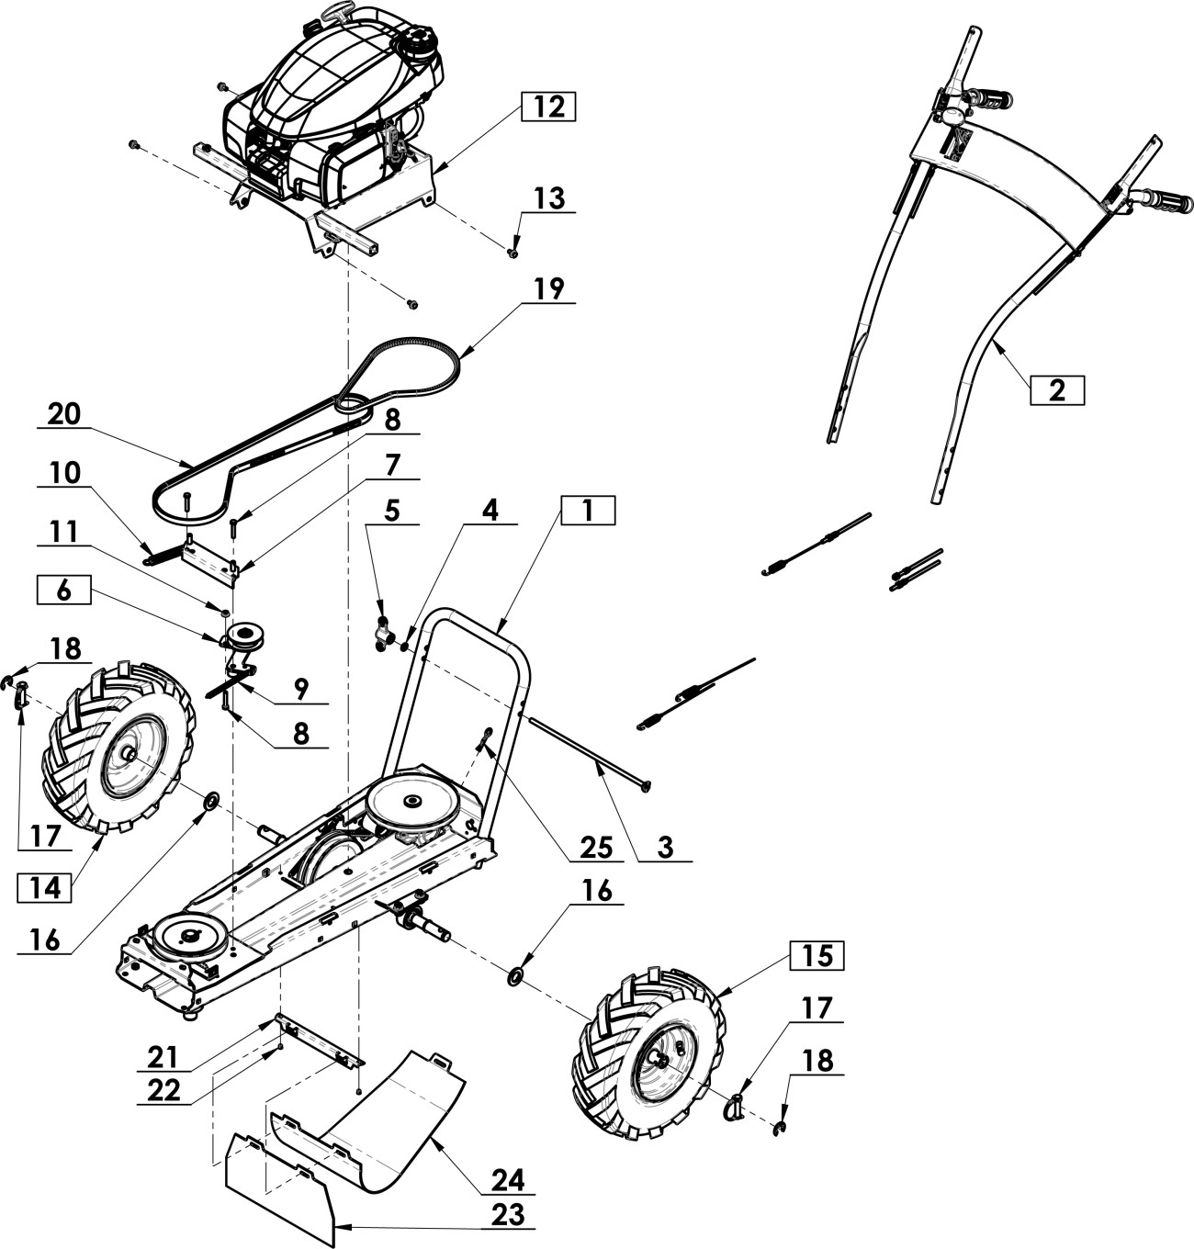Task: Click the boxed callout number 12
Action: (548, 107)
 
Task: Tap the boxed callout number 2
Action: (1056, 390)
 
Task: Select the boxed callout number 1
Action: (588, 511)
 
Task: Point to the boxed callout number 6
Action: (63, 590)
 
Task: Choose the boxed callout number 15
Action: (817, 955)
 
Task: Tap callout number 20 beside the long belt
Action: (64, 414)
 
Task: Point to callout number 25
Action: (596, 848)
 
